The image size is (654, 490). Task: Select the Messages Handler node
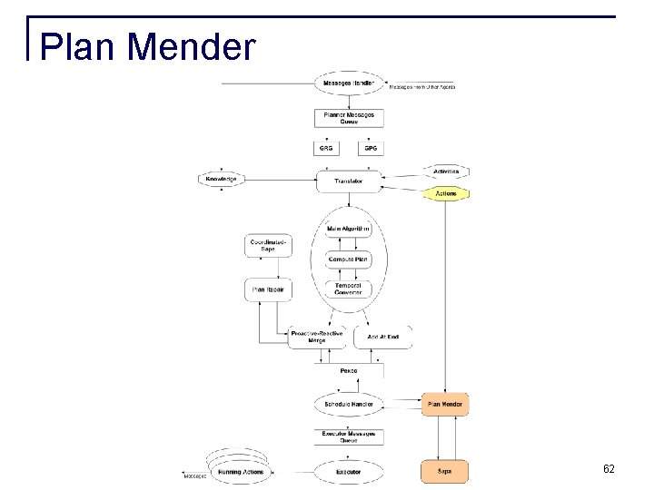click(x=349, y=84)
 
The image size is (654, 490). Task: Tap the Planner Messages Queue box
click(x=349, y=117)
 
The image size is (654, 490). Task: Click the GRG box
click(x=326, y=148)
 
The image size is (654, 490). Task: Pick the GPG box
click(x=371, y=148)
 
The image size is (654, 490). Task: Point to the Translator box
click(x=349, y=181)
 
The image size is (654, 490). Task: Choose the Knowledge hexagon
click(x=221, y=180)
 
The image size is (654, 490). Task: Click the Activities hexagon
click(x=445, y=171)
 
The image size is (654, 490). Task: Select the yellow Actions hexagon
click(x=445, y=193)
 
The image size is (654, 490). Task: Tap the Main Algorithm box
click(x=349, y=229)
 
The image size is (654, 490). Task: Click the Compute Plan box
click(x=349, y=260)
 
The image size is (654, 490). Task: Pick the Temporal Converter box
click(x=349, y=289)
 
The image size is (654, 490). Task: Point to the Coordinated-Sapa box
click(x=269, y=245)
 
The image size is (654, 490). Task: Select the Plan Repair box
click(x=269, y=290)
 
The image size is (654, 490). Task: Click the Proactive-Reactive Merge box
click(x=315, y=338)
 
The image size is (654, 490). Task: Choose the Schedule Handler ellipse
click(x=349, y=403)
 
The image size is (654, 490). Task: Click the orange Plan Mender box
click(x=445, y=403)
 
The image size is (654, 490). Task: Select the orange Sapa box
click(x=445, y=472)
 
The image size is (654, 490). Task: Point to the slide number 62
click(x=609, y=469)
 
